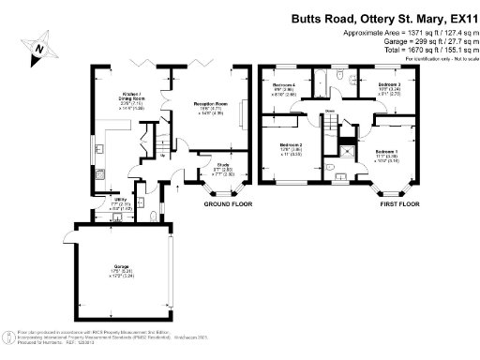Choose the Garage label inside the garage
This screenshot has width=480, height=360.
tap(112, 273)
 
